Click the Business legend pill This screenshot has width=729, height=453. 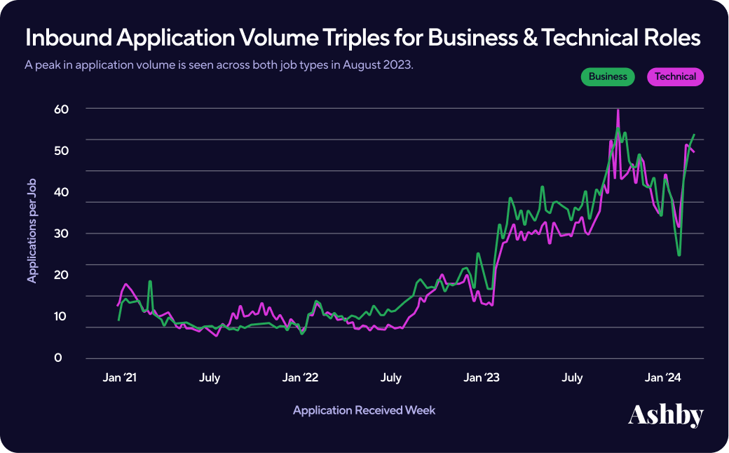[608, 76]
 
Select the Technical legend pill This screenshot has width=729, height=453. [675, 76]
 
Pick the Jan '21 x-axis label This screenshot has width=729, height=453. [118, 378]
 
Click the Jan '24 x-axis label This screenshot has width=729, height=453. [663, 378]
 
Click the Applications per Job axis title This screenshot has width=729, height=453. [32, 231]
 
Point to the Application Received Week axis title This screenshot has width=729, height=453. [364, 410]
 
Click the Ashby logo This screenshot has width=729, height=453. [665, 414]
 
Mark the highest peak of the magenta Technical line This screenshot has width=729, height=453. [618, 110]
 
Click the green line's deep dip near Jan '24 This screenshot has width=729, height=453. [679, 255]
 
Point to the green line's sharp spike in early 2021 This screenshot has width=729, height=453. [150, 281]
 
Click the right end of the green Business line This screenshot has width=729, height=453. [694, 135]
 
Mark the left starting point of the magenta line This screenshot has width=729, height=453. [117, 306]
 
